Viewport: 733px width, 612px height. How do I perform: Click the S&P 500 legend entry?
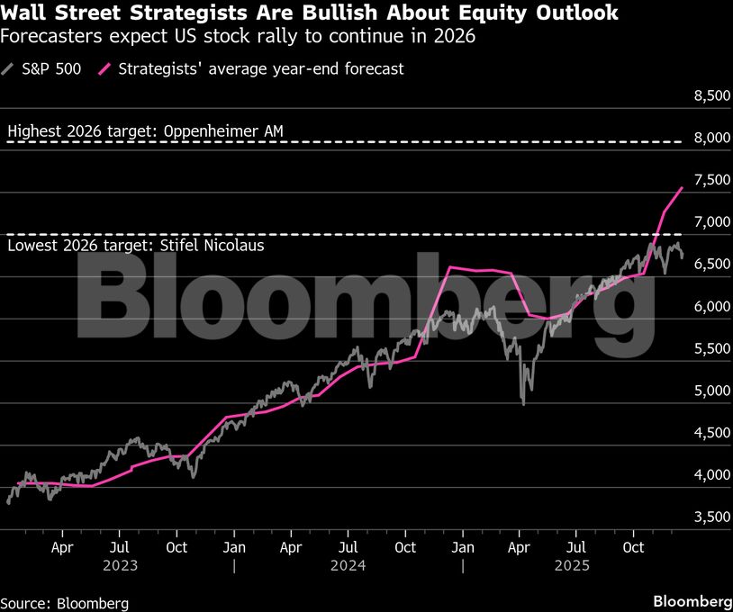point(50,68)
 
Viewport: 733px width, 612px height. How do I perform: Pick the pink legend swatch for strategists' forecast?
point(105,68)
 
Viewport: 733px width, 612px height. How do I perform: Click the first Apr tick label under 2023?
point(62,546)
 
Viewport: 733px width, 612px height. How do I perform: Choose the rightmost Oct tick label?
point(634,546)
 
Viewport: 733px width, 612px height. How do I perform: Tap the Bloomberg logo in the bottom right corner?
point(692,601)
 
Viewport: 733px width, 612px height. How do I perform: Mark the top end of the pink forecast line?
point(683,187)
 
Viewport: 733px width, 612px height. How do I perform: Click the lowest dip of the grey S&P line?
point(523,402)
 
